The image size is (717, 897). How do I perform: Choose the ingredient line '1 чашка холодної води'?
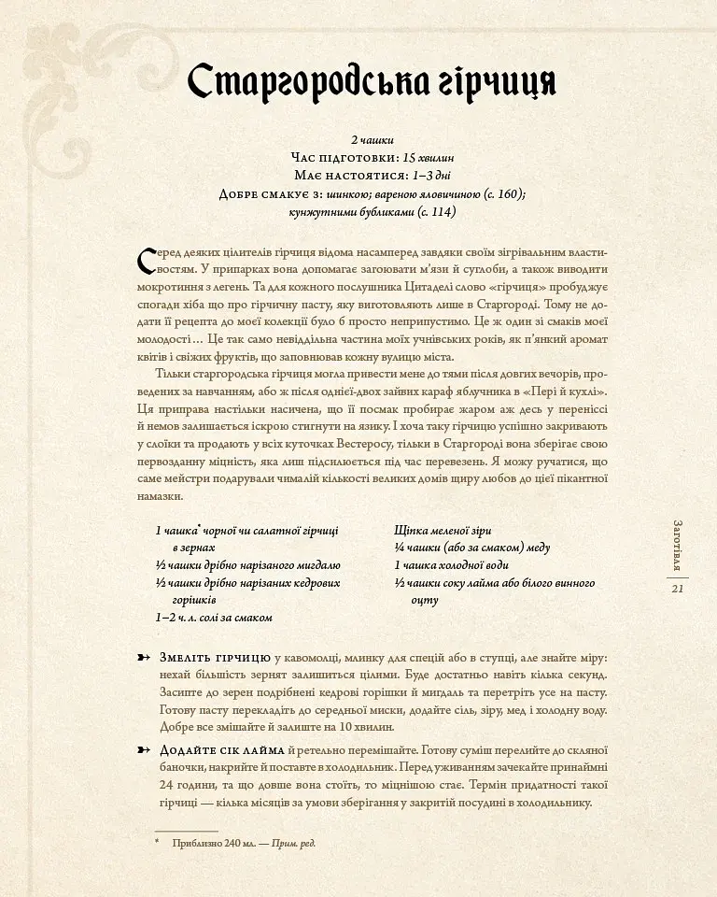point(451,565)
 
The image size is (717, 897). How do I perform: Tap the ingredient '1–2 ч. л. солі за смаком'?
point(214,618)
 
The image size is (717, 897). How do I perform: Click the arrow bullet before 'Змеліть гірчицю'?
point(143,658)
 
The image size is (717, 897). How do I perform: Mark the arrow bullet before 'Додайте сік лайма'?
point(143,750)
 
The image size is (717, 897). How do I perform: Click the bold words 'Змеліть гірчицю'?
point(216,658)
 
